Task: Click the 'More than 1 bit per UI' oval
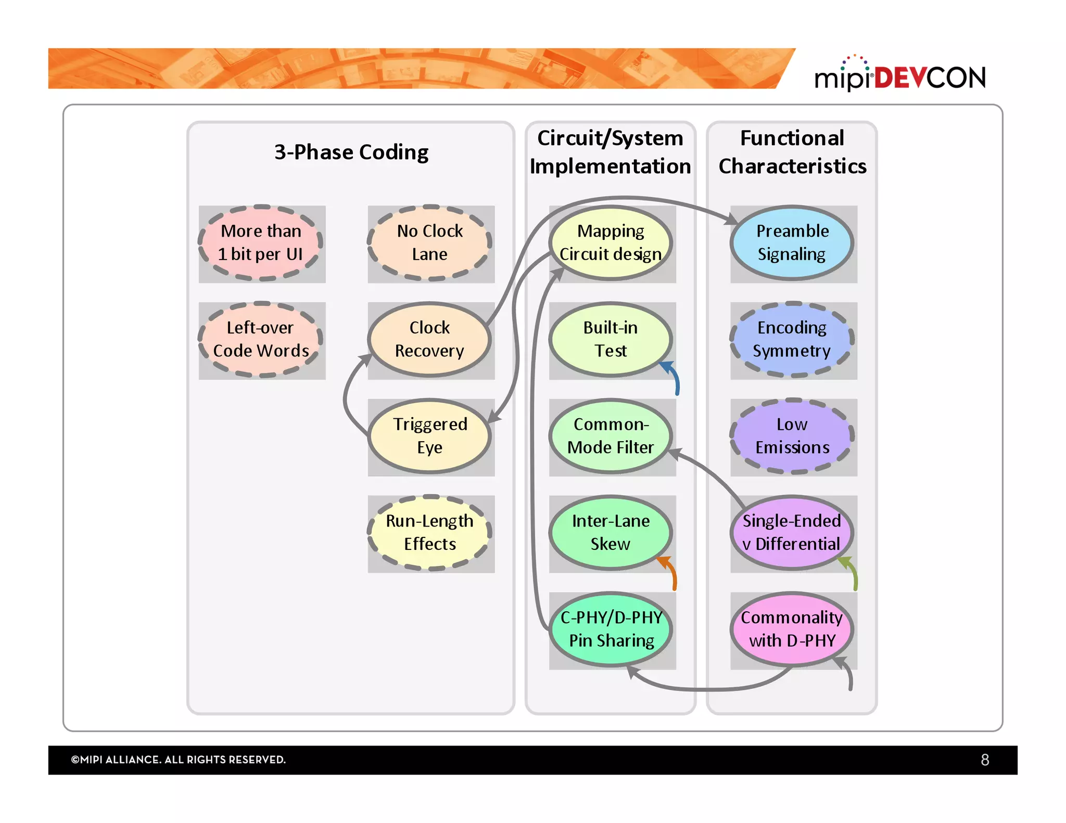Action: [x=261, y=243]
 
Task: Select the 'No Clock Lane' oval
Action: [x=430, y=243]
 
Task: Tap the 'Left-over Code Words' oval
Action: [x=261, y=340]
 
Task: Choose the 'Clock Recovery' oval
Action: [x=429, y=340]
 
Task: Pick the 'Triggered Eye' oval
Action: [x=429, y=436]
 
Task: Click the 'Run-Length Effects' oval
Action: [x=430, y=533]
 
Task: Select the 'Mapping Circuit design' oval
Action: [x=611, y=243]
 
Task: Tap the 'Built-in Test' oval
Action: [x=611, y=340]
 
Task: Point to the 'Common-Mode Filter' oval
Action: [x=611, y=436]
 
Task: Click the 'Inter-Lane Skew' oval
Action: [x=611, y=533]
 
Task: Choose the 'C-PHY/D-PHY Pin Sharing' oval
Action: [x=611, y=629]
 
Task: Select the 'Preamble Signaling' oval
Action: [x=792, y=243]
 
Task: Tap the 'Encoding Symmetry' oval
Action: [x=792, y=340]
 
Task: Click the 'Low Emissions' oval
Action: [x=792, y=436]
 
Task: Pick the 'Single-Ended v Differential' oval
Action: [x=792, y=533]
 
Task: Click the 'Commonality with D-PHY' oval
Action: [x=792, y=629]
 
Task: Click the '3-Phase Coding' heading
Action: [x=351, y=152]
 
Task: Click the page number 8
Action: [x=984, y=760]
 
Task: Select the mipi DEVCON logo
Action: [x=900, y=76]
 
